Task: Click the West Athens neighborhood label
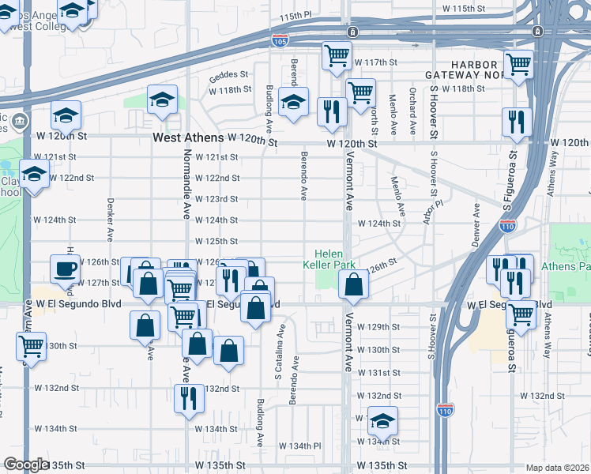pyautogui.click(x=183, y=138)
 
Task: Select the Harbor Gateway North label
pyautogui.click(x=474, y=69)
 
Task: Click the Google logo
pyautogui.click(x=26, y=464)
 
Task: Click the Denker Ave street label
pyautogui.click(x=110, y=219)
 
